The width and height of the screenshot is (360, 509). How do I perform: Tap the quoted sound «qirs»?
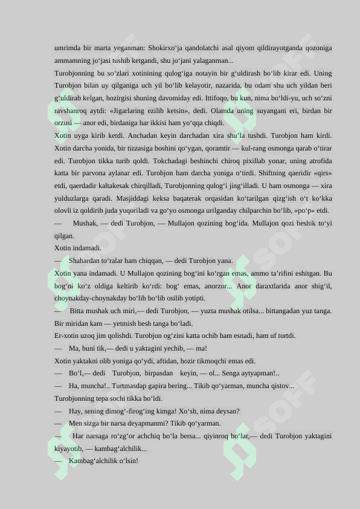[321, 173]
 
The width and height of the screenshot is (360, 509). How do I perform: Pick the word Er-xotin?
[66, 336]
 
